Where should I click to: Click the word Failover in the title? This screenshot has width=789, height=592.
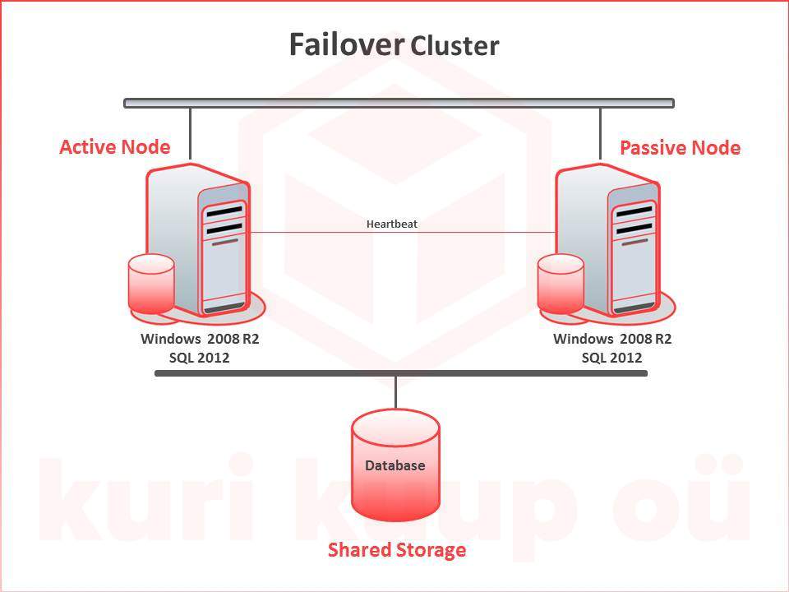pyautogui.click(x=346, y=45)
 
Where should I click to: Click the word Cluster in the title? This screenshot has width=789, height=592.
pyautogui.click(x=454, y=47)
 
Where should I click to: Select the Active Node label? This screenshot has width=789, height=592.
pyautogui.click(x=115, y=147)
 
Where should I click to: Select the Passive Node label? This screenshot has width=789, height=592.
pyautogui.click(x=680, y=148)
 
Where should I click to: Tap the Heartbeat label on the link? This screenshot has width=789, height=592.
pyautogui.click(x=392, y=224)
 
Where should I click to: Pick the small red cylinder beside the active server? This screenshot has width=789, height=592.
pyautogui.click(x=151, y=284)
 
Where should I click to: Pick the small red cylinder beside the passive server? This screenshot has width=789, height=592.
pyautogui.click(x=561, y=284)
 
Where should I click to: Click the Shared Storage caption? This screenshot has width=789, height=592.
pyautogui.click(x=397, y=550)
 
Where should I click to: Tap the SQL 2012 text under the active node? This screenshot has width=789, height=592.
pyautogui.click(x=199, y=358)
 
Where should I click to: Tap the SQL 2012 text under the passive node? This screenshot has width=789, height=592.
pyautogui.click(x=611, y=358)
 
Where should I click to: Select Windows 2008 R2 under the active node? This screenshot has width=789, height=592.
pyautogui.click(x=200, y=339)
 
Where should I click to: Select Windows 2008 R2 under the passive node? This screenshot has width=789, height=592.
pyautogui.click(x=612, y=339)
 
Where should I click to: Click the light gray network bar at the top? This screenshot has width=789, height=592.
pyautogui.click(x=399, y=104)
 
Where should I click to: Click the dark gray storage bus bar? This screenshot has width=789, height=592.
pyautogui.click(x=401, y=374)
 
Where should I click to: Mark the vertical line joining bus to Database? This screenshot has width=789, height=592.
pyautogui.click(x=396, y=393)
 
